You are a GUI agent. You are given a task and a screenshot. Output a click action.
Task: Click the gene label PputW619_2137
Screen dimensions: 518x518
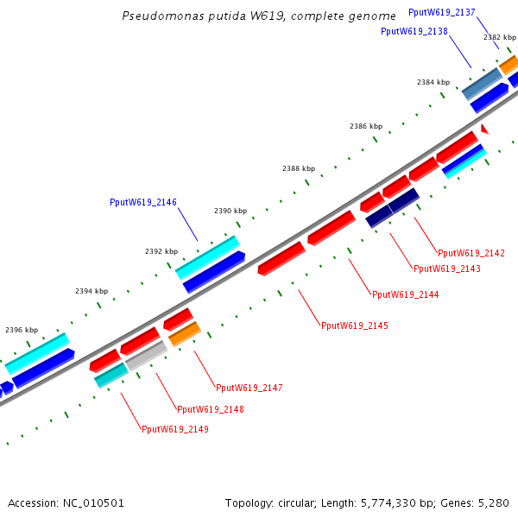441,12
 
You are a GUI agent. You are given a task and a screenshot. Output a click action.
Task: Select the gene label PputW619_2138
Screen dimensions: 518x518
414,31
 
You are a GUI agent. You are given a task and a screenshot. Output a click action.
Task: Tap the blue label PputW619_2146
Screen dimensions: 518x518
143,202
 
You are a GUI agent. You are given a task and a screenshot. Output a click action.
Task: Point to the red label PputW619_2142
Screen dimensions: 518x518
471,253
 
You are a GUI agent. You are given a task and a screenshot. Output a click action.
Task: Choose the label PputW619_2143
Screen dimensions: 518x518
446,268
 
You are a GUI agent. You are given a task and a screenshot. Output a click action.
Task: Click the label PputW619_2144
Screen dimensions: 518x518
405,294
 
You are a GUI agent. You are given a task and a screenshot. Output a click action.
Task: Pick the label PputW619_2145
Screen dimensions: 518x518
354,325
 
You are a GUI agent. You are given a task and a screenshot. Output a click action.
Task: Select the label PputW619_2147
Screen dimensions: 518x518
249,388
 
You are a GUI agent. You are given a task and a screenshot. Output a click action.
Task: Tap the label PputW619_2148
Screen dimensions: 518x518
210,408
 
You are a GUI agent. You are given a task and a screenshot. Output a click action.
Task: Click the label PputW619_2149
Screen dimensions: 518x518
174,429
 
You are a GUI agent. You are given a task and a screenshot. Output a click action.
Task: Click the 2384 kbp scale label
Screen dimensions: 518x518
433,82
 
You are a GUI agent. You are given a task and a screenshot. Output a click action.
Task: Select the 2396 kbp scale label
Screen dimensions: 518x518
22,330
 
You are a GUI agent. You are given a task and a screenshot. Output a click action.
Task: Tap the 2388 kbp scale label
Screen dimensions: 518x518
299,168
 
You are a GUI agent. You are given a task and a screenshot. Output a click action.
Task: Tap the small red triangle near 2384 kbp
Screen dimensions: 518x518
484,129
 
